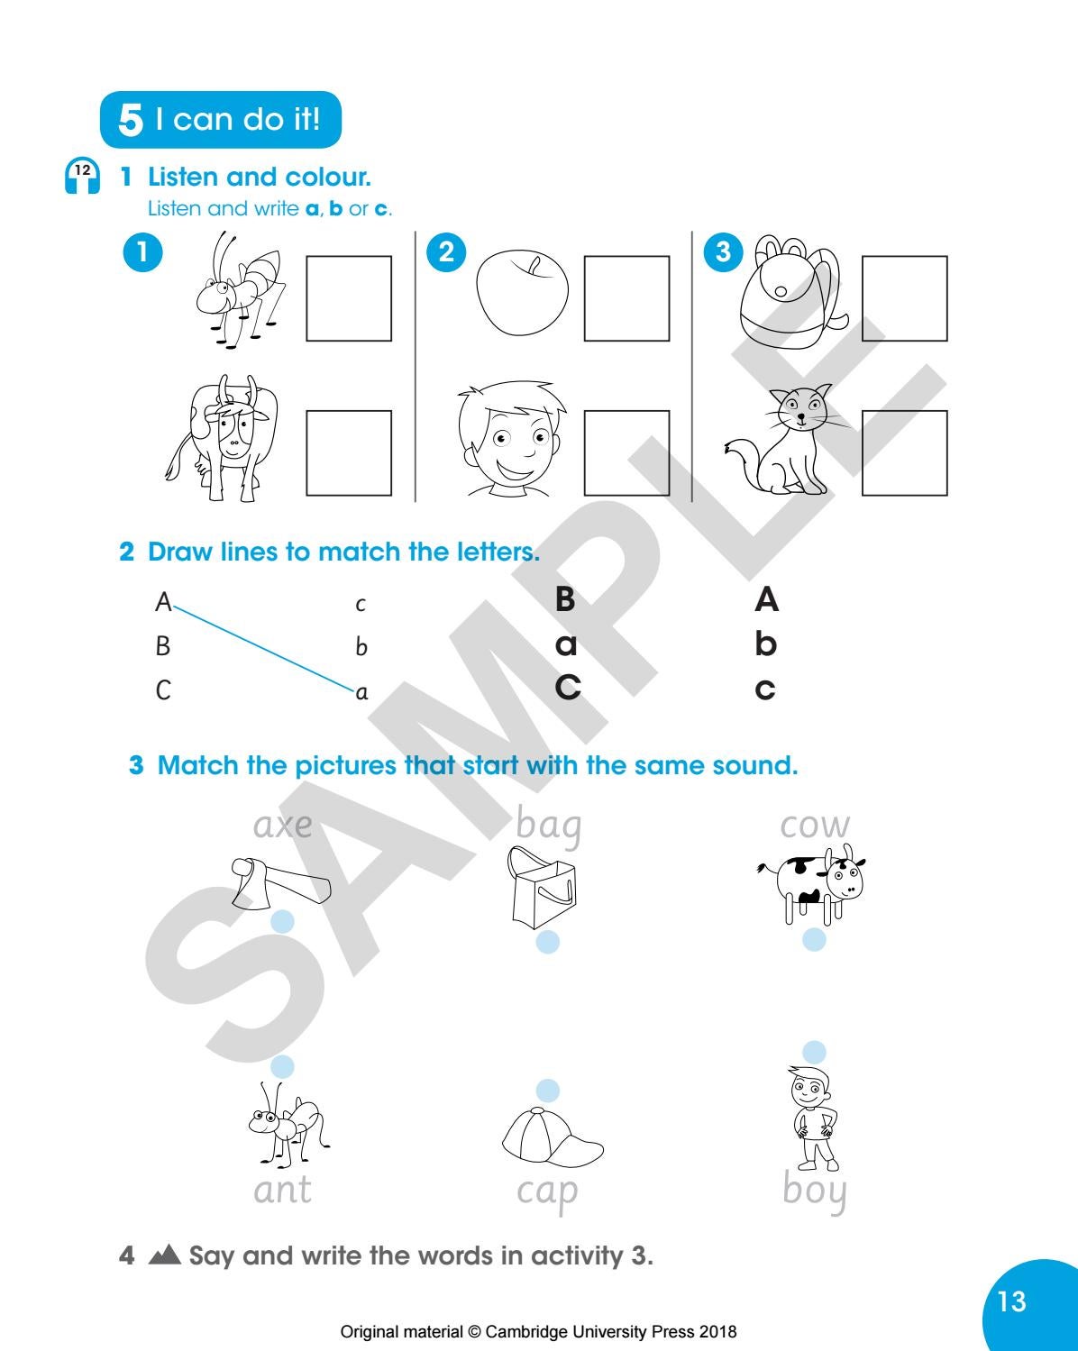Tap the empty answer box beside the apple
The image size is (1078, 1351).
click(626, 298)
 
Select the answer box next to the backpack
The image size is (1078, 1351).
click(904, 298)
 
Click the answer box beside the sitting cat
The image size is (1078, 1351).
click(904, 452)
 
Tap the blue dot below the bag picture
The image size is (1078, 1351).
click(547, 942)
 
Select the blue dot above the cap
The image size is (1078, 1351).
click(546, 1091)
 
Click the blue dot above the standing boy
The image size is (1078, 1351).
click(814, 1052)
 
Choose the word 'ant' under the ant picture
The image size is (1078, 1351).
click(282, 1190)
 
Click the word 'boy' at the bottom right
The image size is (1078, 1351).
click(815, 1191)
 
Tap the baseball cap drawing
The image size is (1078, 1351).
click(550, 1137)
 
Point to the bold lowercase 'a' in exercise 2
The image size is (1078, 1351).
click(565, 645)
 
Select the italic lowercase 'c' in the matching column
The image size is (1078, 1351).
click(361, 604)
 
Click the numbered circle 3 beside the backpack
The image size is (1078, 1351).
click(722, 252)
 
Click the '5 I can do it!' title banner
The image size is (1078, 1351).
click(221, 119)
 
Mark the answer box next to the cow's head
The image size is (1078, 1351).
click(349, 452)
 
